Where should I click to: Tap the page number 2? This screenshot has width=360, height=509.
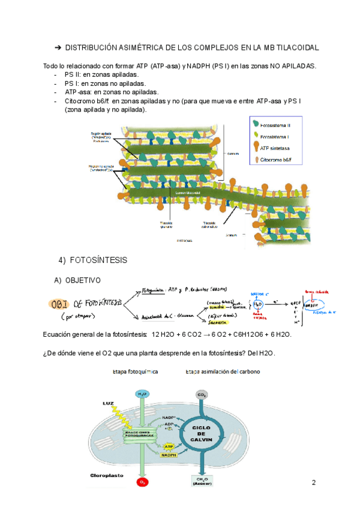pos(313,483)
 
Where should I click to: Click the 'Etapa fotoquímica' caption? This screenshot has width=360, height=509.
pos(135,372)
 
